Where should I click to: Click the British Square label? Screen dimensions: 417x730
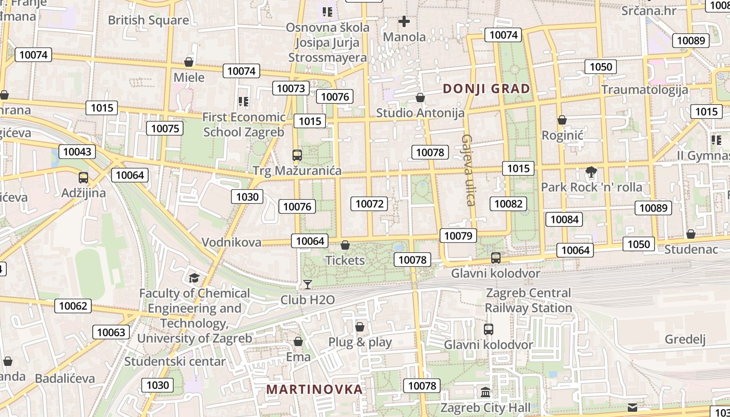pos(149,20)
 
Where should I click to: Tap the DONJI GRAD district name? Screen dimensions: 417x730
pos(486,89)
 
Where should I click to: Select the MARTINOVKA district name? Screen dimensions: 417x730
pos(314,389)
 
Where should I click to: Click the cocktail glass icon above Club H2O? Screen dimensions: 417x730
pos(308,284)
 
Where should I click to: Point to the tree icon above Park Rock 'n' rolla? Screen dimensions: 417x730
pos(591,171)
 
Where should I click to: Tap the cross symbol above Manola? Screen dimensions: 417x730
pos(404,21)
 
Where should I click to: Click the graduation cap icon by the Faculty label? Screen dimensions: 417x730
pos(194,278)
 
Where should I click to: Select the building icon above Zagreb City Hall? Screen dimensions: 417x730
pos(485,392)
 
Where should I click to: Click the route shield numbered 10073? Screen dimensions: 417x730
pos(290,88)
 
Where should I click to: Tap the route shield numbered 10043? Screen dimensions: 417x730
pos(77,152)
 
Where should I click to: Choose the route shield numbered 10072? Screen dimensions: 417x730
pos(370,204)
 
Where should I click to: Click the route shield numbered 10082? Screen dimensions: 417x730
pos(508,203)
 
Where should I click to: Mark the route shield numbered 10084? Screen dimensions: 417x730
pos(565,219)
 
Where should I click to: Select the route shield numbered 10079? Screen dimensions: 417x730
pos(458,236)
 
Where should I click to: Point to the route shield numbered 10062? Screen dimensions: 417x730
pos(73,306)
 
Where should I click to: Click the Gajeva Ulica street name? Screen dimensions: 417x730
pos(468,170)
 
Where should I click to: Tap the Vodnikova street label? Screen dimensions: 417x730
pos(232,242)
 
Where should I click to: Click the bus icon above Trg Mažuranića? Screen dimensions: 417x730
pos(297,155)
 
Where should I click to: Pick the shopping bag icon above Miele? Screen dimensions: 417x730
pos(189,63)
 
